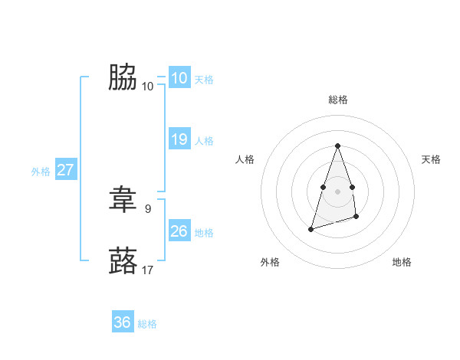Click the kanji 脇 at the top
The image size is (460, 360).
pos(122,77)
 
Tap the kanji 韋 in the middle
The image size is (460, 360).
pos(122,200)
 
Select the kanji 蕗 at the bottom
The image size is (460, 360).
pos(122,260)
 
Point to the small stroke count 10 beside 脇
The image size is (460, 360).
pos(148,86)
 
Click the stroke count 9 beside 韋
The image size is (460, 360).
pos(148,208)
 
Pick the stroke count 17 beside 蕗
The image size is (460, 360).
pos(148,270)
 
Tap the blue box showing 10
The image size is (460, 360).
pos(179,78)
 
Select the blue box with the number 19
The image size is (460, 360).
pos(179,139)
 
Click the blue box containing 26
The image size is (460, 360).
pos(179,231)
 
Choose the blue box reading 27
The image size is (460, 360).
pos(66,170)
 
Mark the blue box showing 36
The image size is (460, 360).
pos(123,322)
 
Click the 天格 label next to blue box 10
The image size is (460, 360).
pos(204,79)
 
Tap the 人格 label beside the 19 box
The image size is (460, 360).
pos(204,140)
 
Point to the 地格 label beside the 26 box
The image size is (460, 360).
pos(204,232)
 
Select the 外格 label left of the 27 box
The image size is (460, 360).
pos(41,172)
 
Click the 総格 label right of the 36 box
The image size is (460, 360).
pos(147,324)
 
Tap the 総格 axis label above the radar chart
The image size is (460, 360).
pos(337,100)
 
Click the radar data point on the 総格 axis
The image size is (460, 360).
pos(337,146)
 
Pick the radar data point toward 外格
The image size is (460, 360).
pos(311,229)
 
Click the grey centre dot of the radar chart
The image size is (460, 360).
pos(337,191)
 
